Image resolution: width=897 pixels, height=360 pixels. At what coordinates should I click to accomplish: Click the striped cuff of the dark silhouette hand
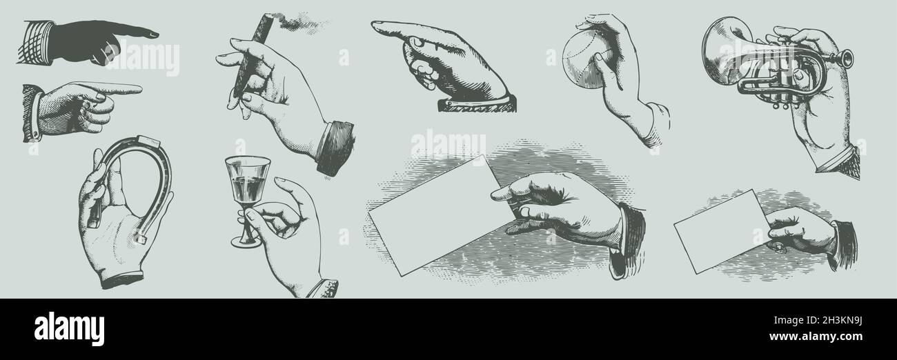point(37,42)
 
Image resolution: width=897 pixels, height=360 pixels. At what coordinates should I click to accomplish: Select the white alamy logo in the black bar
point(69,330)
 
